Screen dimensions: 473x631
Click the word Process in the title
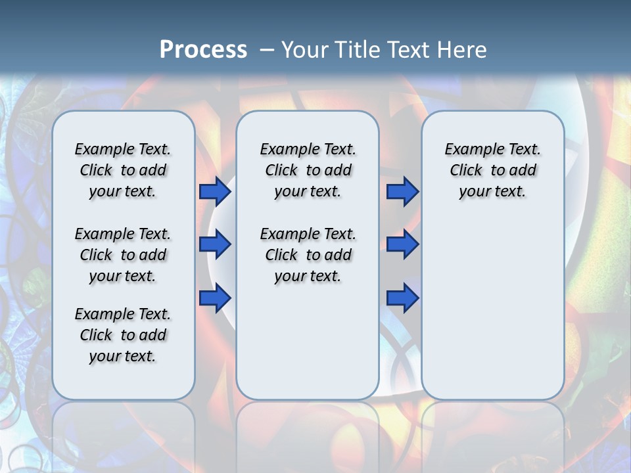(203, 50)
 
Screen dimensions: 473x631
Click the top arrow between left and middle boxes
(215, 192)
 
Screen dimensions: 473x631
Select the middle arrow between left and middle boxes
(215, 244)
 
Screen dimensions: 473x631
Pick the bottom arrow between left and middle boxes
(215, 298)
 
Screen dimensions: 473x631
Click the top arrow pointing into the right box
(402, 192)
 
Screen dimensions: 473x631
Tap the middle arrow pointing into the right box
(402, 244)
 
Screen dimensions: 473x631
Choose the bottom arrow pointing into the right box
(402, 298)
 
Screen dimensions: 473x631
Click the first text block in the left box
(123, 170)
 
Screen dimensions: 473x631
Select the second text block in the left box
(123, 255)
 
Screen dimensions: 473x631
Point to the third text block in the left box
(123, 335)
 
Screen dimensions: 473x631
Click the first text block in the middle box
(308, 170)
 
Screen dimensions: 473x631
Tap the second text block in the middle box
(308, 255)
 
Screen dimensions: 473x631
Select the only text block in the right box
(493, 170)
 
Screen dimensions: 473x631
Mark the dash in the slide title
(267, 50)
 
